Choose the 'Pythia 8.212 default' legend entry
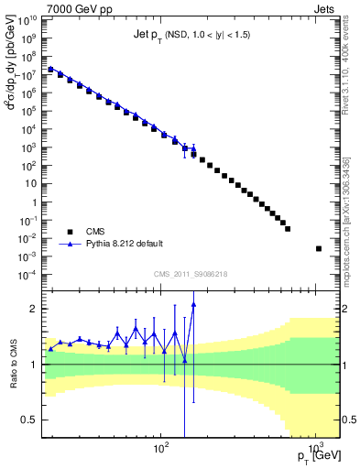(x=125, y=244)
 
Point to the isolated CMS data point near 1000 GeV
(x=319, y=248)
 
